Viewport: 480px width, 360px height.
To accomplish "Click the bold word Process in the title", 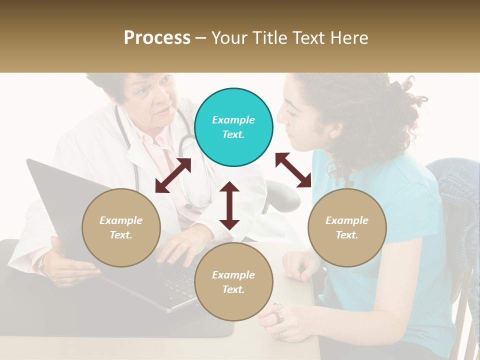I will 157,38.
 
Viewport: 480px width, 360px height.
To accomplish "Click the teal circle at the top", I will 233,127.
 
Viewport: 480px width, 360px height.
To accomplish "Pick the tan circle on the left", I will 121,228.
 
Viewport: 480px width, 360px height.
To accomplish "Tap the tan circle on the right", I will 347,228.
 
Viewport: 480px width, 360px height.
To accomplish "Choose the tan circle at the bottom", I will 233,282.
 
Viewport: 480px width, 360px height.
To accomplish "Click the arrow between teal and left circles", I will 173,175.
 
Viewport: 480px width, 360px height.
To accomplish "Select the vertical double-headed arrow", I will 229,205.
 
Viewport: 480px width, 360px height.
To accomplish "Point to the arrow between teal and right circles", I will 293,170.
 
